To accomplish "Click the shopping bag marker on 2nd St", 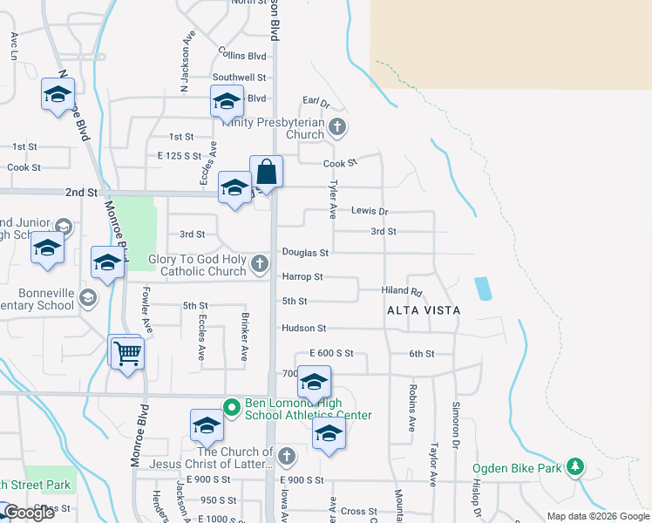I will (266, 172).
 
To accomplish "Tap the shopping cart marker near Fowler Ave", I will (127, 352).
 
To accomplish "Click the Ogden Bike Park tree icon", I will (575, 467).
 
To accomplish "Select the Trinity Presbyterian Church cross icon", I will (337, 128).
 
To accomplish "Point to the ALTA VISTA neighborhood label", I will (424, 310).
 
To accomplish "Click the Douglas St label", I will (304, 253).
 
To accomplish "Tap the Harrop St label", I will (302, 277).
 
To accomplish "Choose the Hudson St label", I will (302, 329).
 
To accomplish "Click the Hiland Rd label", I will (402, 291).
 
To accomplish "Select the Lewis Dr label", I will (369, 211).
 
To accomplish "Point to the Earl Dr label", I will (316, 102).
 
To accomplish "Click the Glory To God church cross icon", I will (259, 263).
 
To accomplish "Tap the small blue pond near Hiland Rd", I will (482, 289).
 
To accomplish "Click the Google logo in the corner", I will (29, 513).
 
